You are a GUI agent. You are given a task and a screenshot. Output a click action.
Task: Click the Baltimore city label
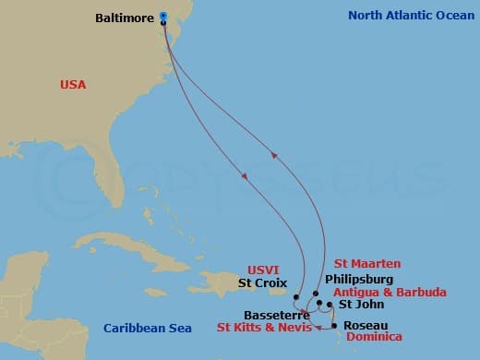pyautogui.click(x=126, y=17)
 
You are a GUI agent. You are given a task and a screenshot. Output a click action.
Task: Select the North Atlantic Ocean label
pyautogui.click(x=407, y=16)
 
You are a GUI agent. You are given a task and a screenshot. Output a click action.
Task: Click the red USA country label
pyautogui.click(x=72, y=85)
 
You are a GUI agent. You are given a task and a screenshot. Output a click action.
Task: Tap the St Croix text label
pyautogui.click(x=263, y=282)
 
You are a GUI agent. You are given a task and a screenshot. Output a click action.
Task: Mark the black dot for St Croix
pyautogui.click(x=296, y=297)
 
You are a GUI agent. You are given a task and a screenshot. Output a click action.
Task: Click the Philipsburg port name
pyautogui.click(x=359, y=279)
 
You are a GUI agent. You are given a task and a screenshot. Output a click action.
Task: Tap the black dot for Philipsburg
pyautogui.click(x=316, y=293)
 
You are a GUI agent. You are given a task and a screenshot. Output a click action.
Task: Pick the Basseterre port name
pyautogui.click(x=274, y=314)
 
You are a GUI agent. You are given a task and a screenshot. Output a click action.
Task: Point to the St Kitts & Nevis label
pyautogui.click(x=263, y=327)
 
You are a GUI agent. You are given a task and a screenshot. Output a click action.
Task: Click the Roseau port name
pyautogui.click(x=365, y=325)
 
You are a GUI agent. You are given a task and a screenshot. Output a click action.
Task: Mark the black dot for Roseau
pyautogui.click(x=334, y=325)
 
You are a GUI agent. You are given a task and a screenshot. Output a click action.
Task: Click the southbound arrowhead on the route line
pyautogui.click(x=245, y=176)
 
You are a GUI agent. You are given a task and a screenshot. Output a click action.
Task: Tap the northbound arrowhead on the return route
pyautogui.click(x=273, y=154)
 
